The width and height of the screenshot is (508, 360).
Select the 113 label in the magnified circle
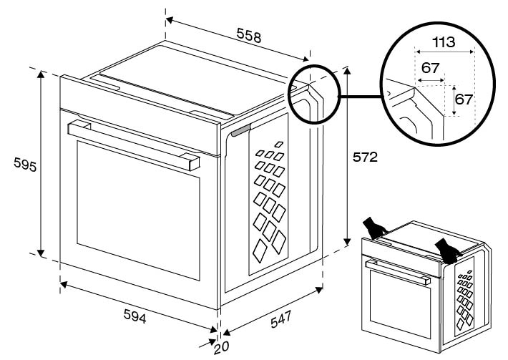coord(444,42)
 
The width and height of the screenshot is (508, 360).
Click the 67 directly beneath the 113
coord(431,67)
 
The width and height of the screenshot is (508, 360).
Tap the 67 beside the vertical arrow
coord(464,99)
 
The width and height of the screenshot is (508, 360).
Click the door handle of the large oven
coord(133,144)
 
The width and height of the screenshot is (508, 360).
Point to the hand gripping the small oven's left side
coord(375,227)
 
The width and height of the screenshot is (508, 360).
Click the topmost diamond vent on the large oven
coord(278,145)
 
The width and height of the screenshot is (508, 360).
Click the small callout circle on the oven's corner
coord(313,94)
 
